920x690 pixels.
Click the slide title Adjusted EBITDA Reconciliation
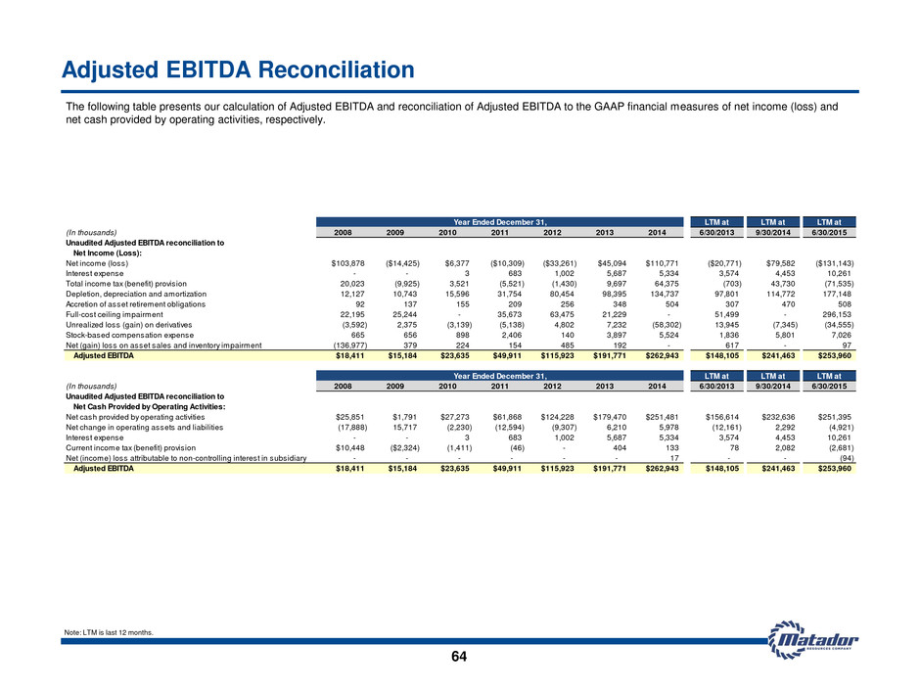point(238,69)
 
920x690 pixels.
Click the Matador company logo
point(813,639)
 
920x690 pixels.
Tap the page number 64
point(459,657)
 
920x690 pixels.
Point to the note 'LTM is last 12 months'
point(109,632)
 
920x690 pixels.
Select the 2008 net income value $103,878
point(347,263)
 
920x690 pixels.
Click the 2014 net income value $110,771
point(662,263)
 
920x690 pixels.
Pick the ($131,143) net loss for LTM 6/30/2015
point(834,263)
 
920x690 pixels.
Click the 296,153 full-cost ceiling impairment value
point(837,314)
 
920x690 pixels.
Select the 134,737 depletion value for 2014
point(665,294)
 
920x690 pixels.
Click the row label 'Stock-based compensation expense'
point(129,335)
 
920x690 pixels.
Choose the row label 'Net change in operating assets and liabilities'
point(144,428)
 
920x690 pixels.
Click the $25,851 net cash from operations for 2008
point(350,417)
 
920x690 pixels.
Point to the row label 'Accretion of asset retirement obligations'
point(135,304)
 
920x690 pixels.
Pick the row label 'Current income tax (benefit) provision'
point(131,447)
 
